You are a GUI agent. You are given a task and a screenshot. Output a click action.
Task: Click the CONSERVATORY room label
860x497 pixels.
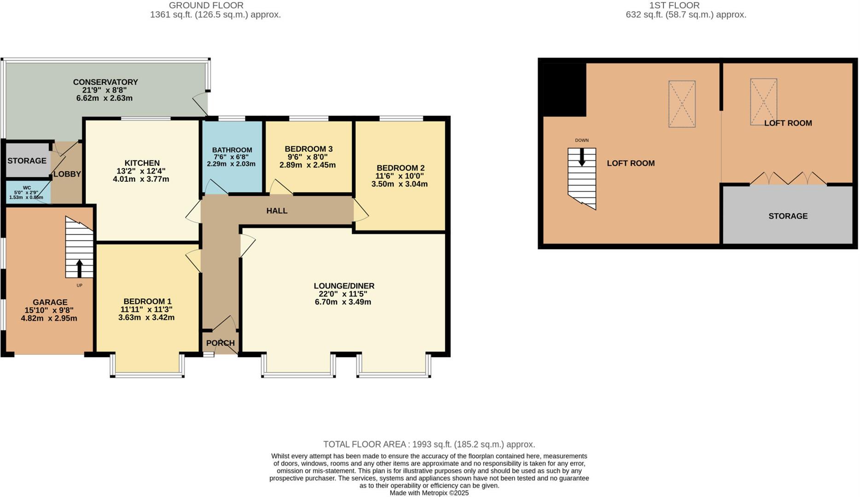[105, 82]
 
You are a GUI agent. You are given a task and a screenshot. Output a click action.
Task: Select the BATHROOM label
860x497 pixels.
[232, 150]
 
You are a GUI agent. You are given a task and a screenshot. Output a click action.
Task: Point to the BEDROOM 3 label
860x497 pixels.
[308, 149]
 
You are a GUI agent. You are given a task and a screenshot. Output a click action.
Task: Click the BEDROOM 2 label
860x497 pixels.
[400, 168]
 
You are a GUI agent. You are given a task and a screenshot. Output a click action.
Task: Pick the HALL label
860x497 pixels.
[277, 211]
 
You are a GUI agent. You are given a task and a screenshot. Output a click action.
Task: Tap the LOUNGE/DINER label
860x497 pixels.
[344, 286]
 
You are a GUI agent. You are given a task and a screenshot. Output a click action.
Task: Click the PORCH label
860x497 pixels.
[220, 343]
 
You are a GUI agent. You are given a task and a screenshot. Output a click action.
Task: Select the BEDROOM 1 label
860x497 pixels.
[147, 301]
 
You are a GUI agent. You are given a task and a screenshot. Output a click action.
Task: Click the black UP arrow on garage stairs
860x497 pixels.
[79, 268]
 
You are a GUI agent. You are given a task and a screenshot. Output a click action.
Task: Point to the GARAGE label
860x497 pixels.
[50, 302]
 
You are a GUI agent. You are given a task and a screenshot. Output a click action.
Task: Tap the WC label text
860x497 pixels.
[27, 188]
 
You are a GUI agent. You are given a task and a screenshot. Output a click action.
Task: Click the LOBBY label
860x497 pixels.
[67, 174]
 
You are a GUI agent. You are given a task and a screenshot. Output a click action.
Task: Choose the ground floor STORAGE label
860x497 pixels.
[27, 161]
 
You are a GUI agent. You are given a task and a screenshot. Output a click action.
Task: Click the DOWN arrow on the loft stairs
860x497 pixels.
[581, 157]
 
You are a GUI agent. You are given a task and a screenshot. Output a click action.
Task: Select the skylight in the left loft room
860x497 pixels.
[682, 104]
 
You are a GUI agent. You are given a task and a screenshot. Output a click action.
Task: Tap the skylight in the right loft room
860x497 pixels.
[763, 102]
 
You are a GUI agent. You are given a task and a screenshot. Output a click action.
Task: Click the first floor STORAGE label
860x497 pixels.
[788, 216]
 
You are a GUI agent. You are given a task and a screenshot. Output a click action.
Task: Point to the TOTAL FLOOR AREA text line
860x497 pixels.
[429, 445]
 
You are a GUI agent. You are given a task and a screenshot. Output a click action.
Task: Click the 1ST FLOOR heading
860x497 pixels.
[674, 6]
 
